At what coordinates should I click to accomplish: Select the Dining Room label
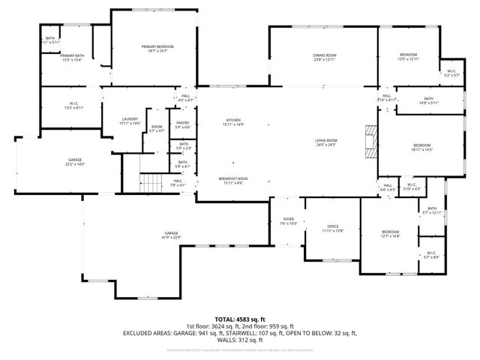click(324, 57)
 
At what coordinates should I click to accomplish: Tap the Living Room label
click(325, 142)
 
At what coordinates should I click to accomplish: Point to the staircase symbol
click(152, 181)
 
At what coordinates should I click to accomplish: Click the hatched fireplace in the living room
click(369, 139)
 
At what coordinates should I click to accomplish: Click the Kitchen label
click(234, 122)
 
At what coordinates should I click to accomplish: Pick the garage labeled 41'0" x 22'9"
click(172, 236)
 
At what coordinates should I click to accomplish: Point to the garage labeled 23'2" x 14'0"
click(75, 161)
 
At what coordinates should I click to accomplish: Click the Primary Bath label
click(71, 58)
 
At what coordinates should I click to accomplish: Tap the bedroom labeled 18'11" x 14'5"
click(421, 147)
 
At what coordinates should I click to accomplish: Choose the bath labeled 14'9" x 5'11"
click(428, 100)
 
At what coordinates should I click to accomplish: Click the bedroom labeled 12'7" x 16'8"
click(389, 234)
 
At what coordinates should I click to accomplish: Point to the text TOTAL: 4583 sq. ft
click(240, 319)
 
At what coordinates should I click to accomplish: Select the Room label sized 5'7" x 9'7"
click(157, 129)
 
